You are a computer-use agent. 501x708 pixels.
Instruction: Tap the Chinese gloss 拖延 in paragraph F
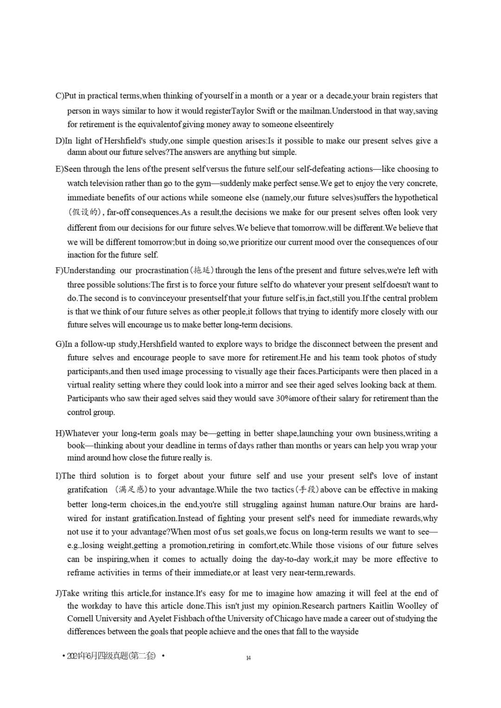point(202,270)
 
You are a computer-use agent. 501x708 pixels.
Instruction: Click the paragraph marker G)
point(60,344)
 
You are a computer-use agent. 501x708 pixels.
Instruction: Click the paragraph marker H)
point(60,434)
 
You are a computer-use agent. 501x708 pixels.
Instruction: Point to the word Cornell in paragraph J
point(80,619)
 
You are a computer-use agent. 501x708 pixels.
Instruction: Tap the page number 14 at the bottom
point(249,658)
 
